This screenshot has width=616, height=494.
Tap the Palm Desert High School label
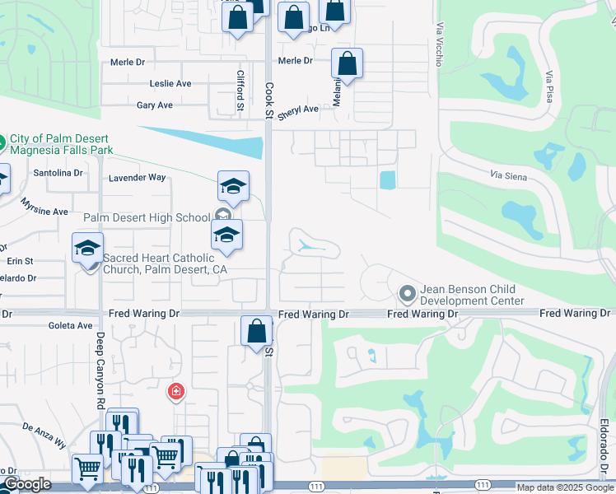[147, 217]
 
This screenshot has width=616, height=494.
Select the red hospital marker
[175, 392]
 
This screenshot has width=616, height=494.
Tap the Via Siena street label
[508, 176]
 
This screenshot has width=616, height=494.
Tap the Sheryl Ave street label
[297, 112]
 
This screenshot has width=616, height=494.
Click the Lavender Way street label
[138, 177]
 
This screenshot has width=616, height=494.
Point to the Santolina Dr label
[58, 173]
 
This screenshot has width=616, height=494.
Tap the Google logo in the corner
[26, 484]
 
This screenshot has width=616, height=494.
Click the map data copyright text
[565, 488]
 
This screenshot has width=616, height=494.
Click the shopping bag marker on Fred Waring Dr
[257, 331]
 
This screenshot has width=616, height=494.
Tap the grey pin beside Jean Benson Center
[406, 293]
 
